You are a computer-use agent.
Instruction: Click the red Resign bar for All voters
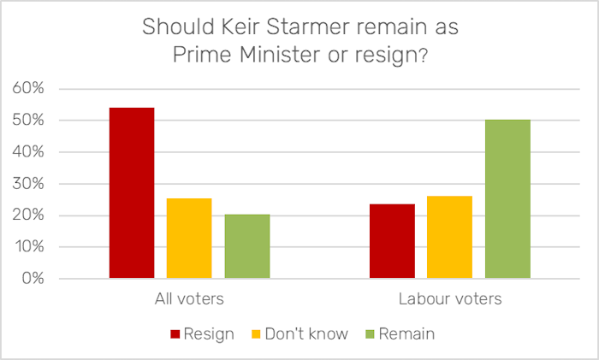(132, 193)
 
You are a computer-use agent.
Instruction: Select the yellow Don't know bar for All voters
(189, 239)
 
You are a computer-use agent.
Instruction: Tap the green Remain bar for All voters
(247, 246)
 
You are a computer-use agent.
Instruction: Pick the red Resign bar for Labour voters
(392, 241)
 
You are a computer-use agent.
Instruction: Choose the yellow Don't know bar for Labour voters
(449, 237)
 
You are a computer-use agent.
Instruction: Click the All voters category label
(189, 300)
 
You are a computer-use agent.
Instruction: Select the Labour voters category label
(449, 300)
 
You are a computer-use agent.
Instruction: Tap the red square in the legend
(175, 333)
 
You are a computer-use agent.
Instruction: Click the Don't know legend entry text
(305, 333)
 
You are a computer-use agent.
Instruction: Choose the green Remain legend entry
(406, 333)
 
